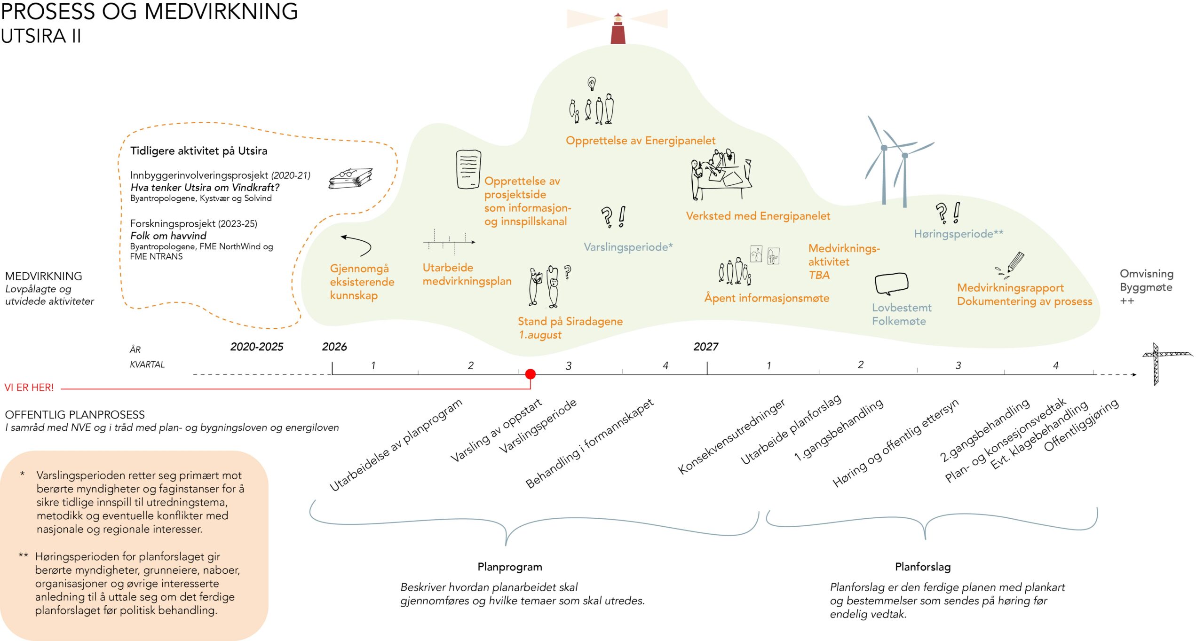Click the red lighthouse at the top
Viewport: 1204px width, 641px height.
point(618,28)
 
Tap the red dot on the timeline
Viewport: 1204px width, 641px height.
point(530,374)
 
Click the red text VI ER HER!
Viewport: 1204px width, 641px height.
point(29,388)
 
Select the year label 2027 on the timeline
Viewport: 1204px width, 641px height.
point(705,347)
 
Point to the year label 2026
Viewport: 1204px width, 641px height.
point(334,347)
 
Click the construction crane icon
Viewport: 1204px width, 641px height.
point(1165,364)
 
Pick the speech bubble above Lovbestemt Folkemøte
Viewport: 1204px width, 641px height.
point(891,284)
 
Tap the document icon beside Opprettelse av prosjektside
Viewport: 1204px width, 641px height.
point(468,169)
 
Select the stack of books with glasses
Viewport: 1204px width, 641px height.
point(350,179)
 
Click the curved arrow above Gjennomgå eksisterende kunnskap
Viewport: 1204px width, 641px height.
point(356,244)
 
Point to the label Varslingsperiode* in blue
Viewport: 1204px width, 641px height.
point(628,247)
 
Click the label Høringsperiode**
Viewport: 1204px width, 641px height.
point(958,234)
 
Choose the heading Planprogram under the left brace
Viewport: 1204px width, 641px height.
point(510,567)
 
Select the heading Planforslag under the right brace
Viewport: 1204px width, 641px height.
point(923,567)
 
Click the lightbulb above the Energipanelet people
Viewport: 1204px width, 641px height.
point(592,84)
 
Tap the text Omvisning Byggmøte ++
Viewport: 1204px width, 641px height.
point(1146,287)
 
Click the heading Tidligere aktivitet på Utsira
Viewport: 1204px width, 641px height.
point(198,151)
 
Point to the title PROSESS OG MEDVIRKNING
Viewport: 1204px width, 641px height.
point(150,11)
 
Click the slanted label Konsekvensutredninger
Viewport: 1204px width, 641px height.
point(731,436)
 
